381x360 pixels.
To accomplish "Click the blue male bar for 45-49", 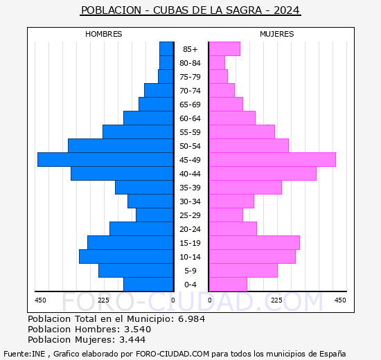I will tap(105, 159).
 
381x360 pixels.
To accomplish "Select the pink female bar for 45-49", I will tap(272, 159).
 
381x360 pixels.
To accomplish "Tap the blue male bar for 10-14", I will tap(126, 256).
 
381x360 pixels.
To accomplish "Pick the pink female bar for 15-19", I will tap(254, 242).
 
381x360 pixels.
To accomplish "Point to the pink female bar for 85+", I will tap(224, 48).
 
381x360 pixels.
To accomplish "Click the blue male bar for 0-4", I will tap(148, 284).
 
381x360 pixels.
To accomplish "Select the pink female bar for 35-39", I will tap(245, 187).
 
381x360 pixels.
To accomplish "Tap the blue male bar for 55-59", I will tap(138, 132).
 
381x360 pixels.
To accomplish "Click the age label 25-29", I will tap(190, 215).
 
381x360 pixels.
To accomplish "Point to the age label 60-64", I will tap(190, 118).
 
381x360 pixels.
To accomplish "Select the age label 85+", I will tap(190, 49).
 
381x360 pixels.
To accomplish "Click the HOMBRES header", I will tap(104, 34).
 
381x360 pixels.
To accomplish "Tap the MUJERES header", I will tap(277, 34).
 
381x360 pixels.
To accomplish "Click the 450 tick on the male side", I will tap(40, 300).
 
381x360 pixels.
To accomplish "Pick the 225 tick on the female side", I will tap(276, 300).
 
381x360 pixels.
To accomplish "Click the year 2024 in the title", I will tap(287, 10).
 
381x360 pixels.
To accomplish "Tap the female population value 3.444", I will tap(133, 339).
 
